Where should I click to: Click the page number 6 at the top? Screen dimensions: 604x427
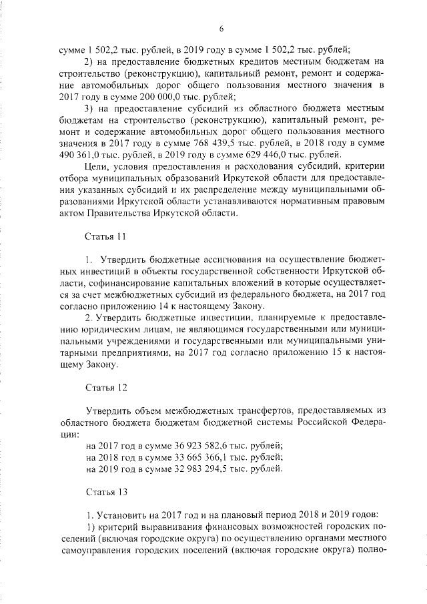tap(220, 28)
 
